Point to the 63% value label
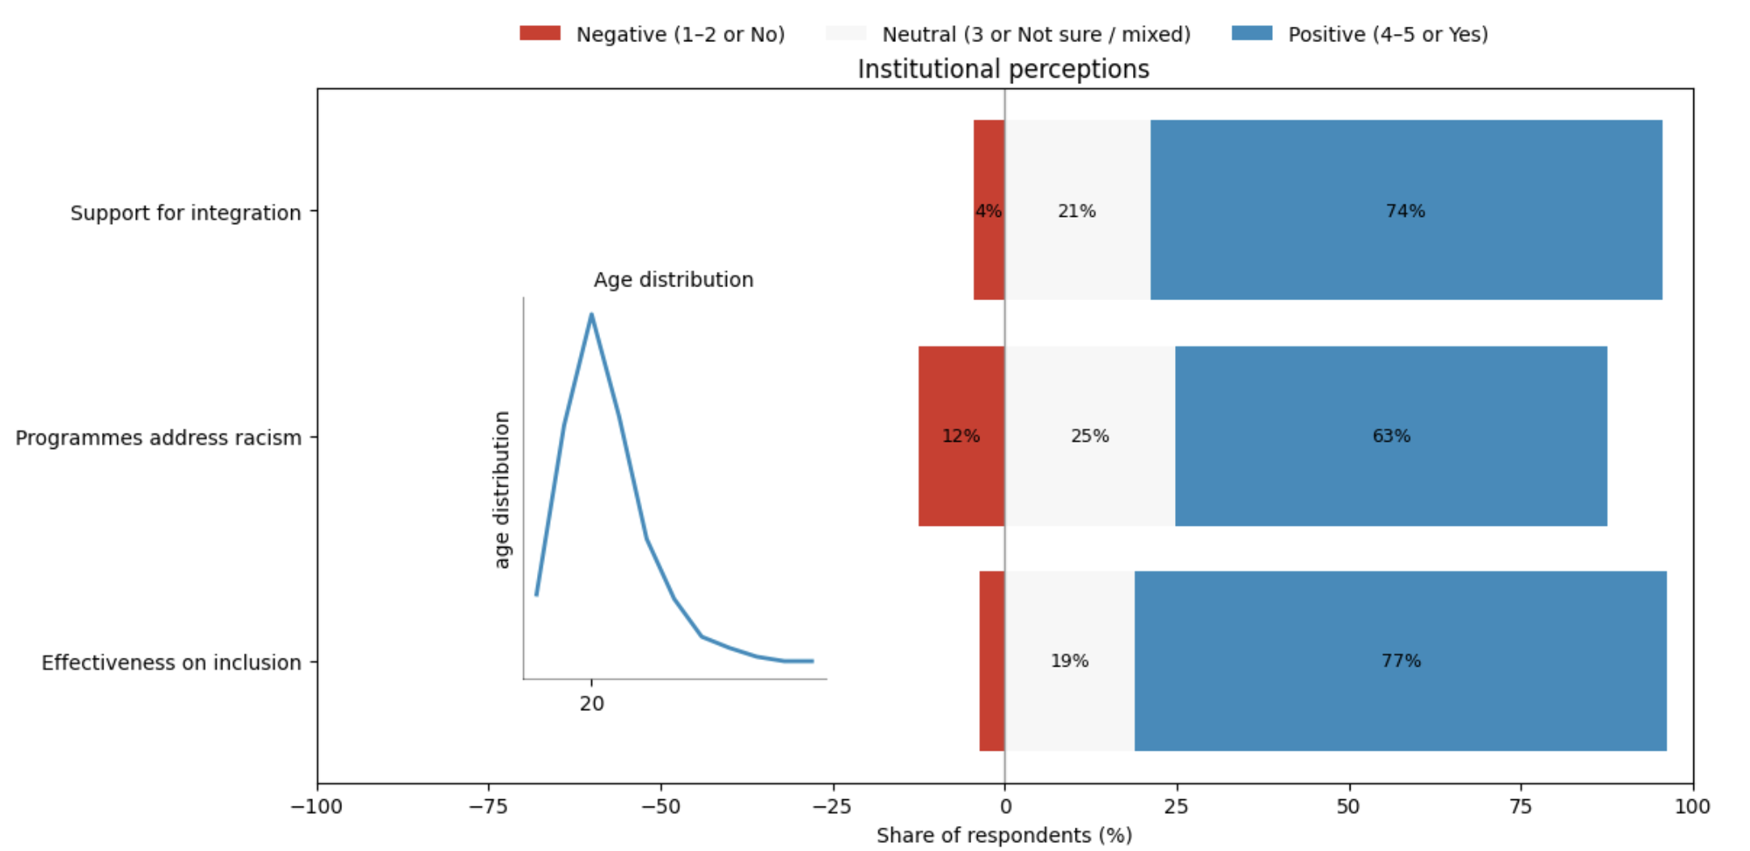click(1391, 436)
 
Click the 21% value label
click(1076, 211)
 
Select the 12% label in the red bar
click(961, 436)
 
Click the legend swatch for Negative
click(539, 33)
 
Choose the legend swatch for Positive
click(1251, 33)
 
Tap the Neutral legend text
click(1036, 34)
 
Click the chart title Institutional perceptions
click(1003, 70)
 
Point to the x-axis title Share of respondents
click(1004, 835)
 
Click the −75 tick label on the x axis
click(488, 807)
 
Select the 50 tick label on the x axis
click(1348, 807)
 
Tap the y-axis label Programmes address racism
click(159, 438)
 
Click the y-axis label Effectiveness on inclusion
click(171, 663)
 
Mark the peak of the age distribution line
click(591, 315)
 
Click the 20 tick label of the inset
click(591, 704)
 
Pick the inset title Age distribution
click(673, 280)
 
